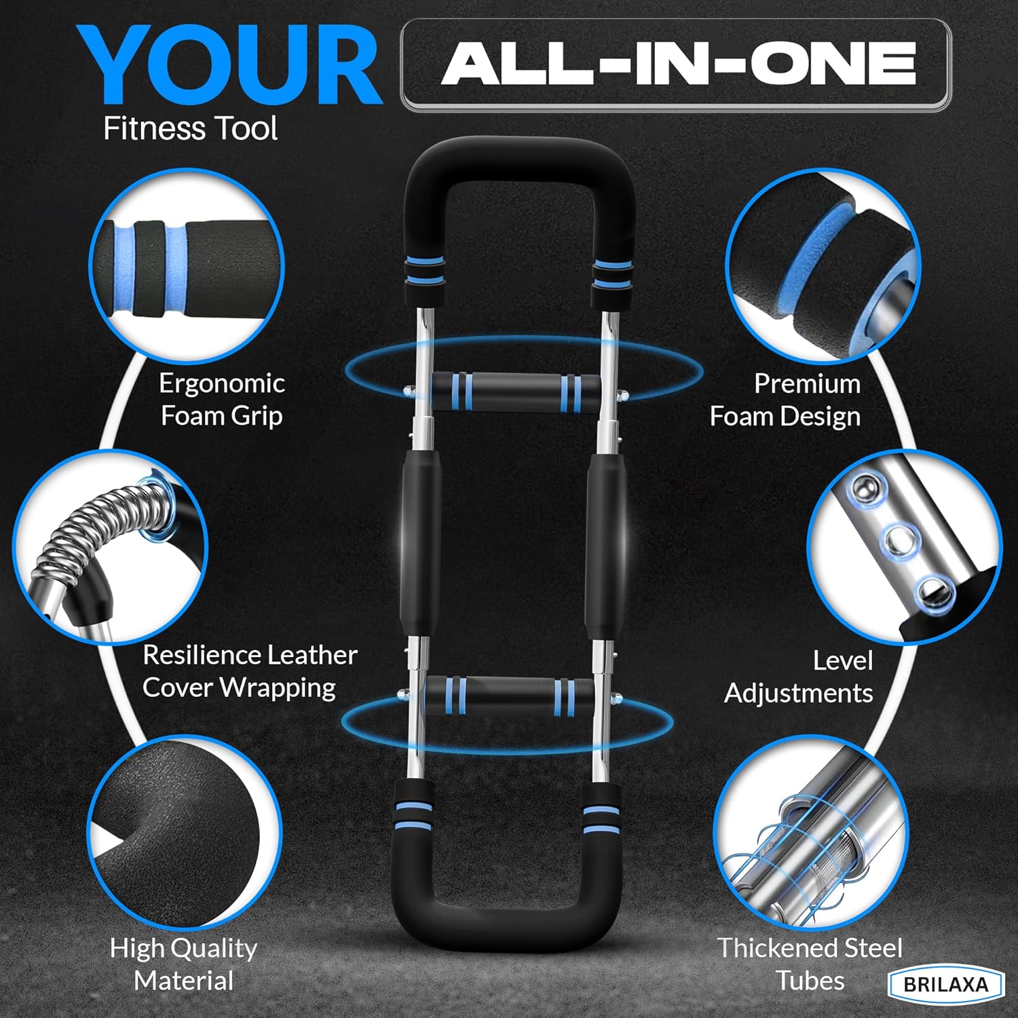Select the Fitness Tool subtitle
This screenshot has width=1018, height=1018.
click(x=190, y=128)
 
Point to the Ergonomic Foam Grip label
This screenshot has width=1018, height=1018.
click(x=222, y=400)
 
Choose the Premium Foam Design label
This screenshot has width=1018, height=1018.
click(x=785, y=400)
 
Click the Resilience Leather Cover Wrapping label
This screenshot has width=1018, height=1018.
click(x=250, y=671)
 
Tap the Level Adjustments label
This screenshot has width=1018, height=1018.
click(x=799, y=677)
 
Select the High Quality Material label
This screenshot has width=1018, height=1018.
click(x=183, y=964)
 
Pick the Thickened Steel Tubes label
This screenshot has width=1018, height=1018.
click(x=810, y=964)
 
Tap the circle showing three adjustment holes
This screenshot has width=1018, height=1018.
click(x=905, y=546)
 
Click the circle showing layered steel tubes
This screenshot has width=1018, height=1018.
click(x=811, y=833)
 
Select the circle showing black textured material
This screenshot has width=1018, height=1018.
click(x=185, y=833)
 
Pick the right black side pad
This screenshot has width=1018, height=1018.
click(x=606, y=541)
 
